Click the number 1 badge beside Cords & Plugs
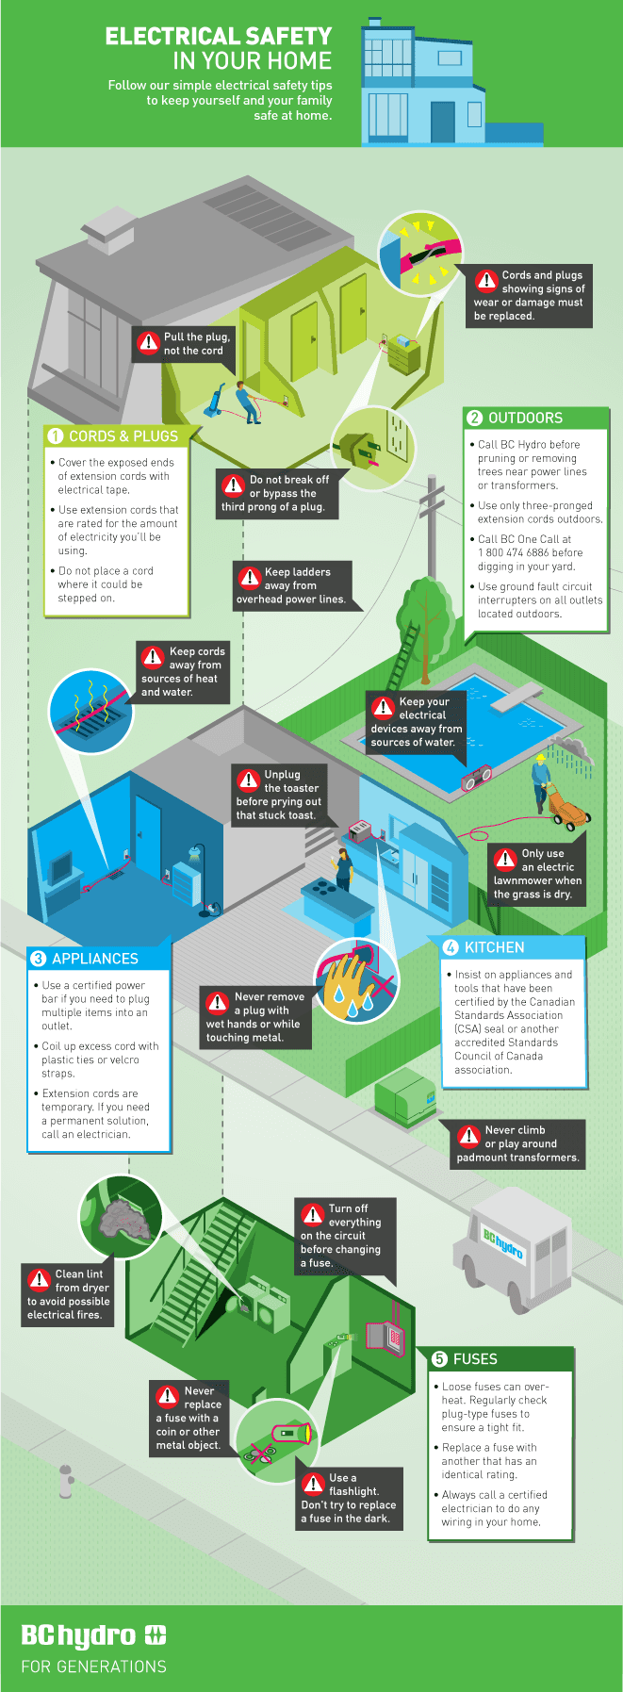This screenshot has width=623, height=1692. (56, 435)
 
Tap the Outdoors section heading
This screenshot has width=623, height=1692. (525, 418)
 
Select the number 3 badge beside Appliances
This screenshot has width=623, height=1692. (39, 959)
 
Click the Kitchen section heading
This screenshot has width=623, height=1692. (494, 947)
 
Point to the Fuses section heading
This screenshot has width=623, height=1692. (475, 1359)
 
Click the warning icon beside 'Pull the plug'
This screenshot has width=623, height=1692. (148, 343)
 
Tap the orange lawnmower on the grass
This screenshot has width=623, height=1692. (569, 801)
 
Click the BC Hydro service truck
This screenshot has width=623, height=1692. (515, 1240)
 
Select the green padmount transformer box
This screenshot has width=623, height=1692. (405, 1095)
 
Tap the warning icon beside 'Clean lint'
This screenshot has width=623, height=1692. (40, 1279)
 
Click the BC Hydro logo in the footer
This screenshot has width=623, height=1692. (93, 1635)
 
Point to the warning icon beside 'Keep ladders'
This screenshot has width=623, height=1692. (250, 578)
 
